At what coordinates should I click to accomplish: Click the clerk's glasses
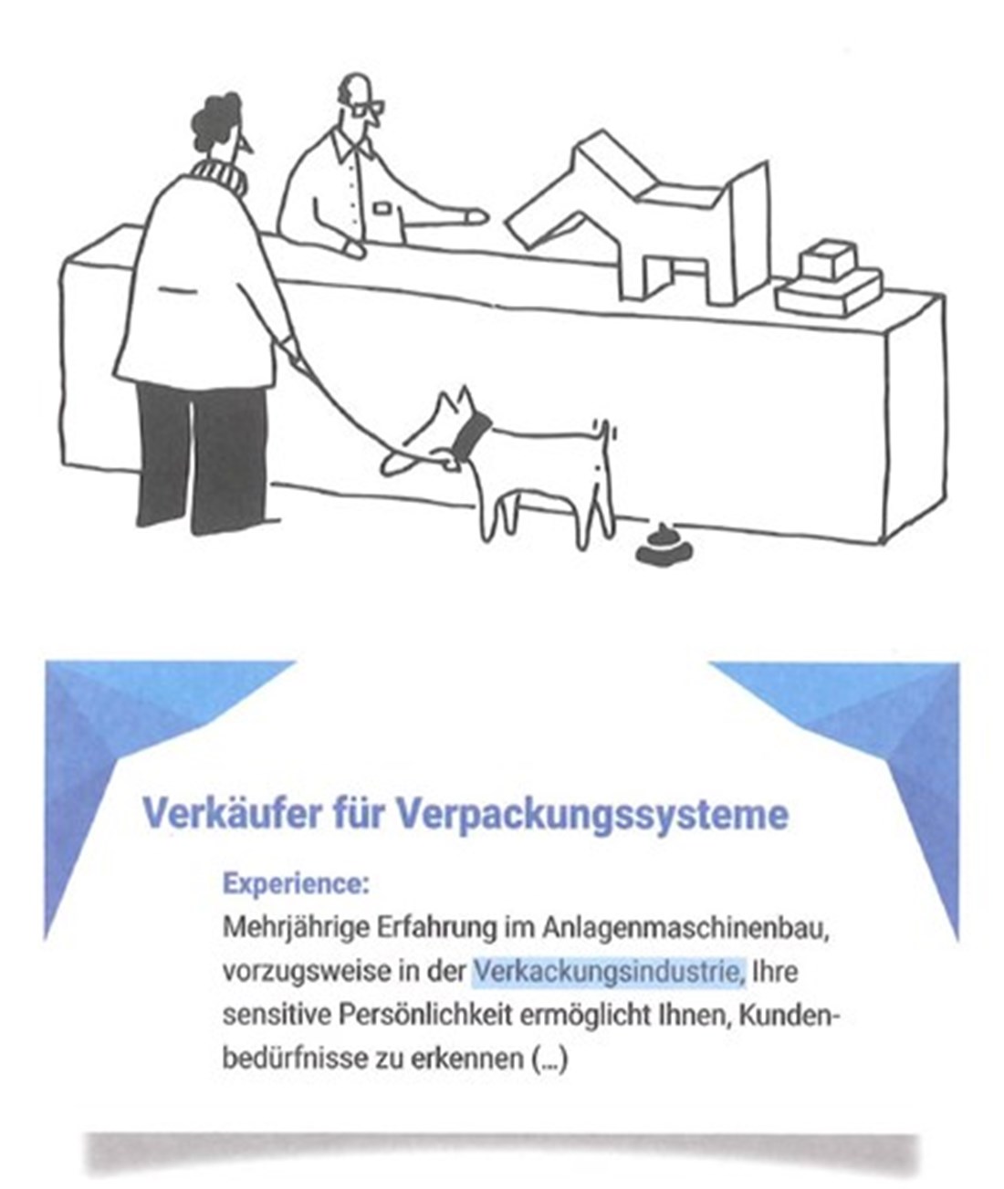coord(368,109)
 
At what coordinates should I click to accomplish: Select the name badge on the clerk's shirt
coord(380,208)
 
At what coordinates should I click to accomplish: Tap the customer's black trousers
coord(203,458)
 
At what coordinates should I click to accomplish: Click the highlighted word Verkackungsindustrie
coord(608,972)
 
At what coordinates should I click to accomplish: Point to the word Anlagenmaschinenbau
coord(685,930)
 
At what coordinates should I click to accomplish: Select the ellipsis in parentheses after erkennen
coord(549,1060)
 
